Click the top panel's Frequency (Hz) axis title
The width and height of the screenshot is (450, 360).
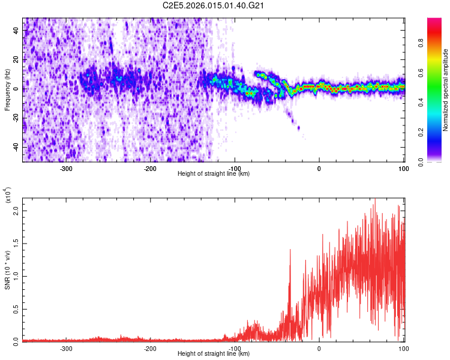7,89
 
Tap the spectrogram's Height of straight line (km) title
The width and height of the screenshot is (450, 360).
214,174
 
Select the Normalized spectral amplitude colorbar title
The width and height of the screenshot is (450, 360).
446,90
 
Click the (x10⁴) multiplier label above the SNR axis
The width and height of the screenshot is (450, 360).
8,194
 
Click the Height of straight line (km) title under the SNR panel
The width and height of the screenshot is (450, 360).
214,354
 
